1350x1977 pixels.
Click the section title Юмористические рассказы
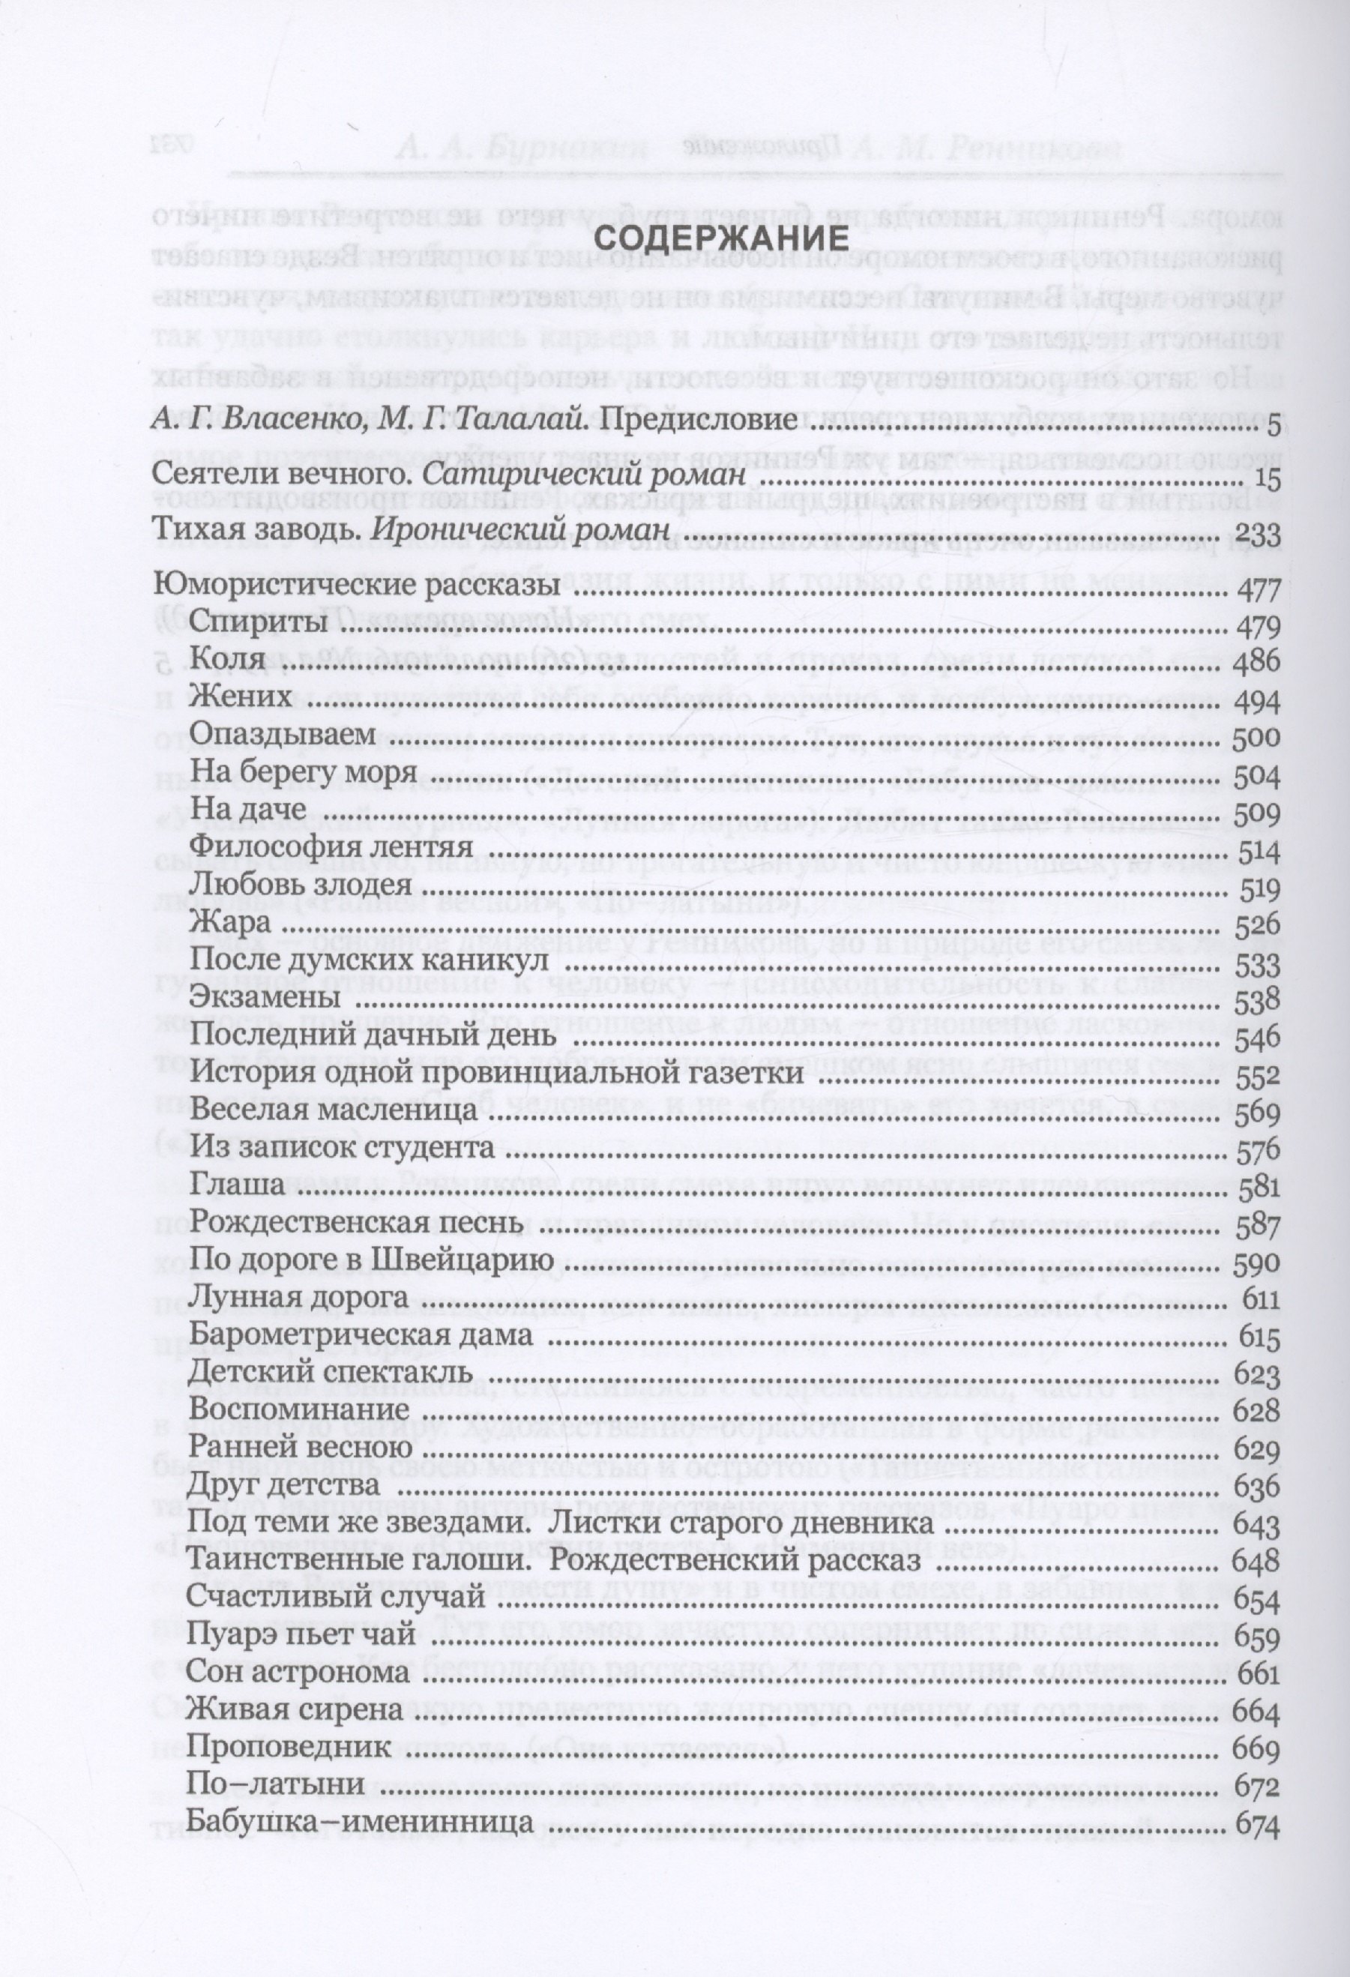coord(357,589)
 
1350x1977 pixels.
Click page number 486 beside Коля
coord(1255,662)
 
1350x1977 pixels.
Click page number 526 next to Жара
coord(1255,924)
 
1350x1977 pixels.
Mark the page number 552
coord(1255,1074)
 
